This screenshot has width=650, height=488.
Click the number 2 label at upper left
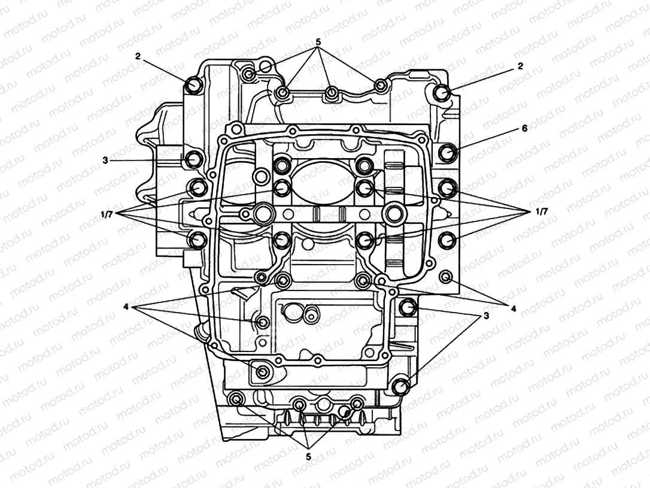coord(138,56)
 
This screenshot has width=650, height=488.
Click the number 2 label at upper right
coord(520,66)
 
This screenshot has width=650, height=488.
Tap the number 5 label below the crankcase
coord(309,457)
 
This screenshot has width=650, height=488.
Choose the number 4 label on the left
coord(126,307)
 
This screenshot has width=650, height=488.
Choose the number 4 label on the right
coord(513,308)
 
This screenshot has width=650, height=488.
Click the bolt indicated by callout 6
coord(447,153)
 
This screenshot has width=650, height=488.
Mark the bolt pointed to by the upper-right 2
coord(442,93)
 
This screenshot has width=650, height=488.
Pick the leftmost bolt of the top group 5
coord(250,74)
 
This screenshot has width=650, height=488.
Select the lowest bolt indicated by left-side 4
coord(262,372)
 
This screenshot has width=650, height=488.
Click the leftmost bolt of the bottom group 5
coord(237,399)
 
